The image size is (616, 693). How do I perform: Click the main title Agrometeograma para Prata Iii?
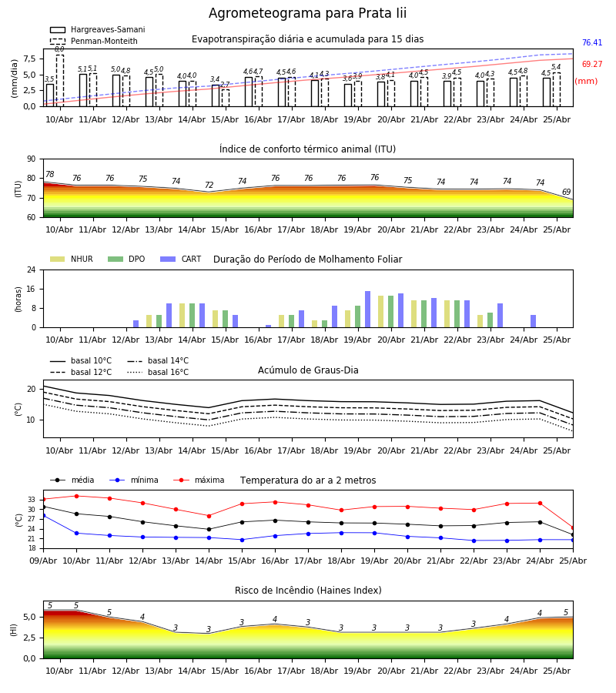307,13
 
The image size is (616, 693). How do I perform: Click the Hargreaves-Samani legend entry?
98,29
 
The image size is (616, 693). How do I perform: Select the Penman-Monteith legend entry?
94,41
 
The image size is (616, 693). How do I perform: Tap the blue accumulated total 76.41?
592,43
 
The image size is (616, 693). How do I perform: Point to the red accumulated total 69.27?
592,64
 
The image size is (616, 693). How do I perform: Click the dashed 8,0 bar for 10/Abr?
59,81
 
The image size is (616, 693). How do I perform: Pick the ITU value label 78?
50,175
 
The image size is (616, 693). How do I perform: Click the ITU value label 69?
566,192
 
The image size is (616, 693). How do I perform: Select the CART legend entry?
181,259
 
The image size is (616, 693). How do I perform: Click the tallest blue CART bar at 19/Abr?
367,310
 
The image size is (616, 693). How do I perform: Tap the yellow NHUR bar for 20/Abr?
381,312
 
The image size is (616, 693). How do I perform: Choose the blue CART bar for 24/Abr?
534,321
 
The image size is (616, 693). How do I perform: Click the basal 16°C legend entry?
158,372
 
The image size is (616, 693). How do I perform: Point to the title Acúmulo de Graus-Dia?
308,370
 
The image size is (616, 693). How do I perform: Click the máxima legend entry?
199,480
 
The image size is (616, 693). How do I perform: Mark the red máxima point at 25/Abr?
573,527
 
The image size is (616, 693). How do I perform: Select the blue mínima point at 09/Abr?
43,515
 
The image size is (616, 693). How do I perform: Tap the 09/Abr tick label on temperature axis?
43,561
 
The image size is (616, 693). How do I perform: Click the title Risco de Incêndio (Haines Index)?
308,590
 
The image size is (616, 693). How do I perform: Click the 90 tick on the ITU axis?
32,159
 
